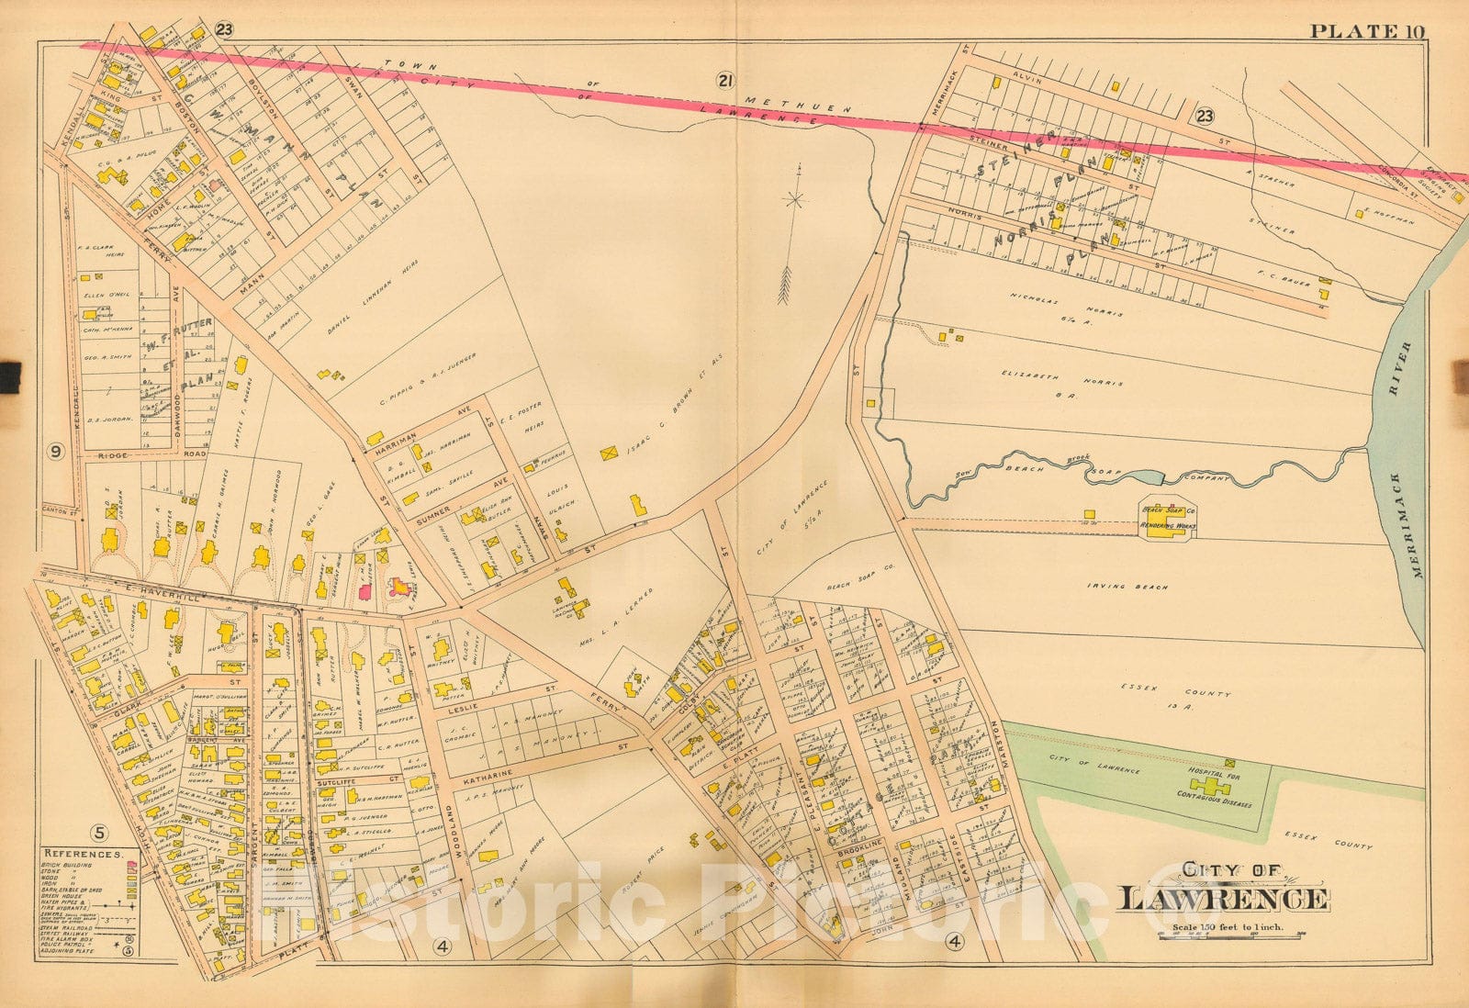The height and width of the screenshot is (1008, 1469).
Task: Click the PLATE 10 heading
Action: (1366, 31)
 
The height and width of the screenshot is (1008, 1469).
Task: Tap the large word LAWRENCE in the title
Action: (1222, 900)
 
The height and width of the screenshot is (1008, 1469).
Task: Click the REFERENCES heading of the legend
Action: (84, 854)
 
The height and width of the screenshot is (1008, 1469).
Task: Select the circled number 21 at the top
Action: (724, 82)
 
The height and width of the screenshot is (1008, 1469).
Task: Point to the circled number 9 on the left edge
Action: (55, 451)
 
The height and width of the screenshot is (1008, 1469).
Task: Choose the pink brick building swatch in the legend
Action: (131, 865)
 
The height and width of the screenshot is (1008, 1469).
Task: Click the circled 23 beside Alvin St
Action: (1205, 116)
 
